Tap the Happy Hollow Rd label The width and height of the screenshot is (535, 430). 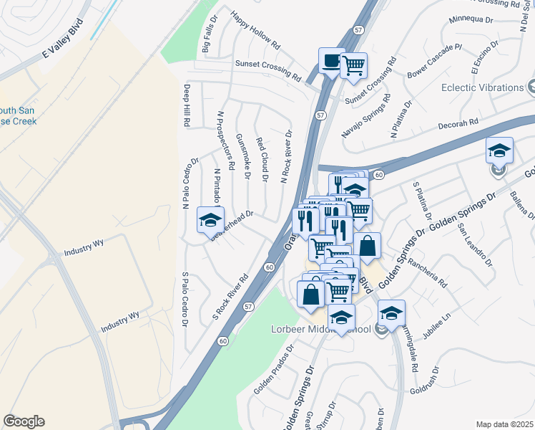coord(255,31)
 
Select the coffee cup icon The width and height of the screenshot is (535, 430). coord(330,62)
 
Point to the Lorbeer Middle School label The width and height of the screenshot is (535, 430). coord(340,330)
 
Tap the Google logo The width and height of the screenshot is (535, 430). coord(24,421)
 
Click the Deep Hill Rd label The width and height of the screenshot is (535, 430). coord(186,106)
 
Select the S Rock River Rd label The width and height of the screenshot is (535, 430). coord(230,297)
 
